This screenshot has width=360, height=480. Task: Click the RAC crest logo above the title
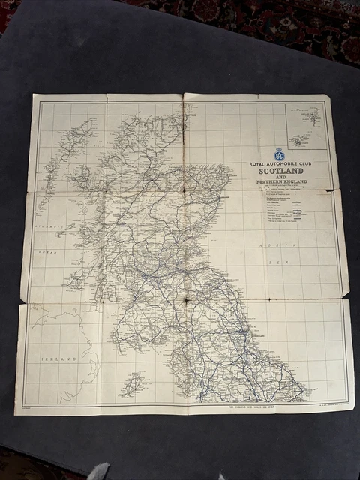(x=280, y=154)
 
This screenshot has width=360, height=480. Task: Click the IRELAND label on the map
(x=58, y=359)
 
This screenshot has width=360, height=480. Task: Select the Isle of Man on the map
(x=133, y=384)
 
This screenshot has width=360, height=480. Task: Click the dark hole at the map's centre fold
(x=184, y=302)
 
